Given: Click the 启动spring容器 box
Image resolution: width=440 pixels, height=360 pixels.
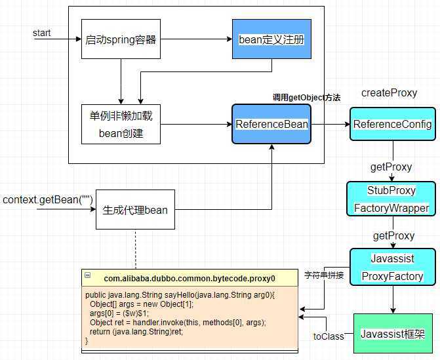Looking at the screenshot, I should point(121,39).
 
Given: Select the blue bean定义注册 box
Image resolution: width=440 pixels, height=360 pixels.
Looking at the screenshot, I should point(271,39).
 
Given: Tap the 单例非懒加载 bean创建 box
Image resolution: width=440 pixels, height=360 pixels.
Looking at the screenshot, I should point(121,125).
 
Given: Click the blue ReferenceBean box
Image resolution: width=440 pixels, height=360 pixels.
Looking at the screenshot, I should point(271,125).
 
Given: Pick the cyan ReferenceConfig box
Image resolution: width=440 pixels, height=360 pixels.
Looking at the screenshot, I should point(392,125).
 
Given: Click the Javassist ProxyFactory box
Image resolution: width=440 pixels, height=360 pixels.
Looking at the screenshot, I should point(392,267).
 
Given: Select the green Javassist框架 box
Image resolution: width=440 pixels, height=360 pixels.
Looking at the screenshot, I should point(392,334).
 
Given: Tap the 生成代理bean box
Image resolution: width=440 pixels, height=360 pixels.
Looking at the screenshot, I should point(135,210).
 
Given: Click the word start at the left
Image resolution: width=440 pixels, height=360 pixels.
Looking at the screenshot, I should point(42,33).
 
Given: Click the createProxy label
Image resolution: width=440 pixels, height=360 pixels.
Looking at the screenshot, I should point(389,93).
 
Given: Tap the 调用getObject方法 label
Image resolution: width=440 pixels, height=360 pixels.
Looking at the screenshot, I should point(306,98).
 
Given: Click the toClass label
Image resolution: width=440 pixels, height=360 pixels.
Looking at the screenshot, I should point(329,336).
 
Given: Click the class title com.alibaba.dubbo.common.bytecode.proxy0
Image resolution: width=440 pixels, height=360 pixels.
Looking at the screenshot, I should point(190,279).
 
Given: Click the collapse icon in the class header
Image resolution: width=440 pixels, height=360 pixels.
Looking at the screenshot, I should point(87,278).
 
